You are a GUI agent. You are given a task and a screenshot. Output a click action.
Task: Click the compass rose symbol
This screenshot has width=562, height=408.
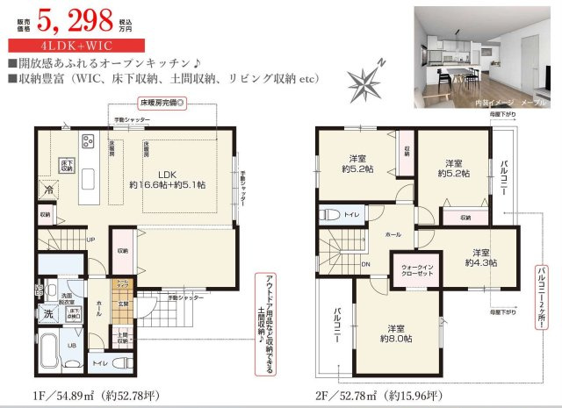(364, 80)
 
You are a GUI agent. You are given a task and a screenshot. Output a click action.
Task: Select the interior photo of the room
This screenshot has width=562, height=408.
(482, 58)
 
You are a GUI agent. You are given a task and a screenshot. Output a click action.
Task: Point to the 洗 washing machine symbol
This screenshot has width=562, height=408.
(49, 313)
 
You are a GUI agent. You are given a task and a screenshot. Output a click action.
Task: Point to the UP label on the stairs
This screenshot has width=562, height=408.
(90, 239)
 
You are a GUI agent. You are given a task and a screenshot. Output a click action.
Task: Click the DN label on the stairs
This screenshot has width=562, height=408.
(364, 263)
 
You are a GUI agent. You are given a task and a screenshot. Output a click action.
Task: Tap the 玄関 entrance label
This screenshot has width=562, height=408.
(124, 304)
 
